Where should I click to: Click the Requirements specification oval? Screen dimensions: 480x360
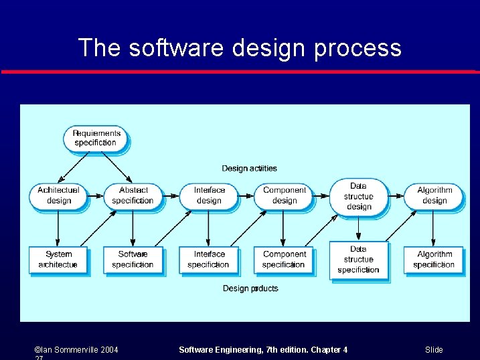click(97, 138)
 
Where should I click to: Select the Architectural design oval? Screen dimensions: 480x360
click(58, 195)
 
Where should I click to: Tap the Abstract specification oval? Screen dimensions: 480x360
click(133, 195)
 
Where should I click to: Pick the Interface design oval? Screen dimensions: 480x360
click(208, 195)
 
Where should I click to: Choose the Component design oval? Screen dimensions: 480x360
click(284, 195)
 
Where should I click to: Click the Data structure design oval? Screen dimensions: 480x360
click(358, 197)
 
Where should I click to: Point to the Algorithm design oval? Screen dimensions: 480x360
click(434, 195)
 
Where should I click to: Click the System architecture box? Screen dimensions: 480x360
click(58, 260)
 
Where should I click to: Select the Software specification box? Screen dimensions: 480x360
click(133, 260)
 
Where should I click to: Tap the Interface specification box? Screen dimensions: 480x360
click(208, 260)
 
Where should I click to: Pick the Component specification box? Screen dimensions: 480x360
click(284, 260)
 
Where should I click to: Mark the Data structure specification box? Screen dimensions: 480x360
click(358, 260)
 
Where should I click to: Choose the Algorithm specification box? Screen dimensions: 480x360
click(434, 260)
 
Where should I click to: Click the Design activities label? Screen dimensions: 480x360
click(249, 169)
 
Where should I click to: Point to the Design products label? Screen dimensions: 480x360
click(250, 288)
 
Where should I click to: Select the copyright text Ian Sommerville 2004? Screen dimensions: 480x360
click(76, 350)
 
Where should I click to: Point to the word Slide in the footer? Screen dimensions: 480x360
click(434, 350)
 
